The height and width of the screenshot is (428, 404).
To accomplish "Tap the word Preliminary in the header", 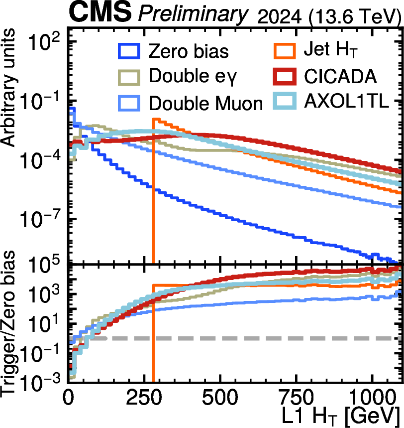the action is pyautogui.click(x=193, y=13).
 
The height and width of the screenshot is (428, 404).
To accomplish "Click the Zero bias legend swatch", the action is pyautogui.click(x=129, y=51).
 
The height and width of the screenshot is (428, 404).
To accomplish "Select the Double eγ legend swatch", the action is pyautogui.click(x=129, y=77).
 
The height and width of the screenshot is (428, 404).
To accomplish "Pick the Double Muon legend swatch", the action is pyautogui.click(x=129, y=103).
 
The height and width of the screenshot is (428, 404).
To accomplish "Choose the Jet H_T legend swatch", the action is pyautogui.click(x=285, y=51).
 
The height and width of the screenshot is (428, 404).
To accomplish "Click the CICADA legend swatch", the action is pyautogui.click(x=285, y=77).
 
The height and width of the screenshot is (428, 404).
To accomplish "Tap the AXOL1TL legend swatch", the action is pyautogui.click(x=285, y=101).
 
